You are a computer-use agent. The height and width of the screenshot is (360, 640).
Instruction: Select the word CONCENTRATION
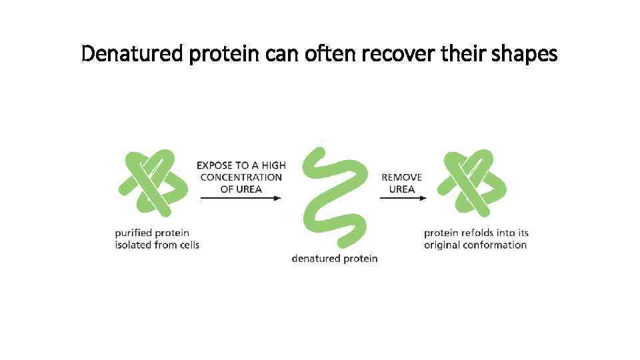coord(241,177)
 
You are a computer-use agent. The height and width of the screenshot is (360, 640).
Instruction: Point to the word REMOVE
coord(402,177)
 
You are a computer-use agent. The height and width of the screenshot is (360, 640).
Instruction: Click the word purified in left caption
coord(133,233)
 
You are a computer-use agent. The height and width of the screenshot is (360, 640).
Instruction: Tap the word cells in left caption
coord(188,245)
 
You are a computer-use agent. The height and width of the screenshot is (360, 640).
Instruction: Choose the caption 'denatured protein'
coord(334,258)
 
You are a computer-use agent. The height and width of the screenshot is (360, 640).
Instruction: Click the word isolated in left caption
coord(133,245)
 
